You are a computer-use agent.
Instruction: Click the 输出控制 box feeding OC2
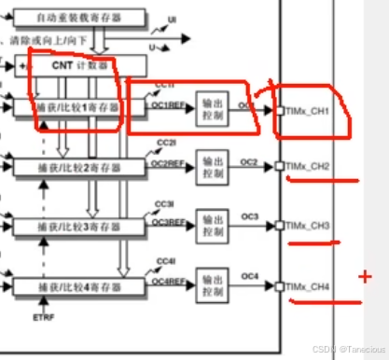coord(212,167)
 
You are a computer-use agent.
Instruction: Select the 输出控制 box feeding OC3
coord(212,225)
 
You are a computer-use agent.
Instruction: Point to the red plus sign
coord(365,277)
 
